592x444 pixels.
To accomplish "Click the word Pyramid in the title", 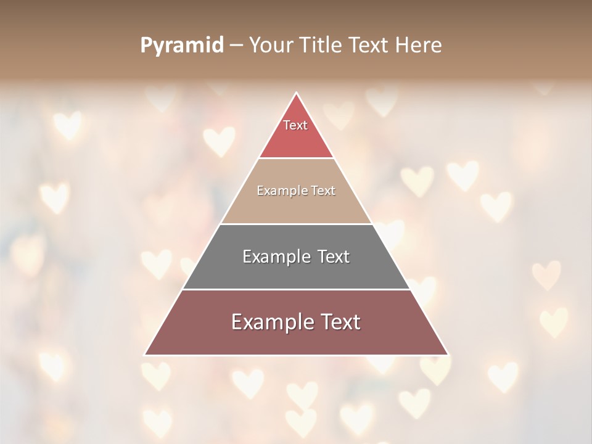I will tap(182, 46).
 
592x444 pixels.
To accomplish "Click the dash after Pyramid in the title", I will tap(236, 46).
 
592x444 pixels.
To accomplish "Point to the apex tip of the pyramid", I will tap(296, 93).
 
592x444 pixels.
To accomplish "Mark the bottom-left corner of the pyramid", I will tap(146, 355).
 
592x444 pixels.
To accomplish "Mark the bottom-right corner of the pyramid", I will tap(447, 355).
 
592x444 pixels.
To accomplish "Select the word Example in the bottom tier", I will tap(269, 322).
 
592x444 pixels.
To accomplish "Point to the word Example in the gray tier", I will tap(274, 257).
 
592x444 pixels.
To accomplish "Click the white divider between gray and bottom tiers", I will tap(296, 289).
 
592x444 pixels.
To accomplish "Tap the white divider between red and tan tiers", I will tap(296, 158).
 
